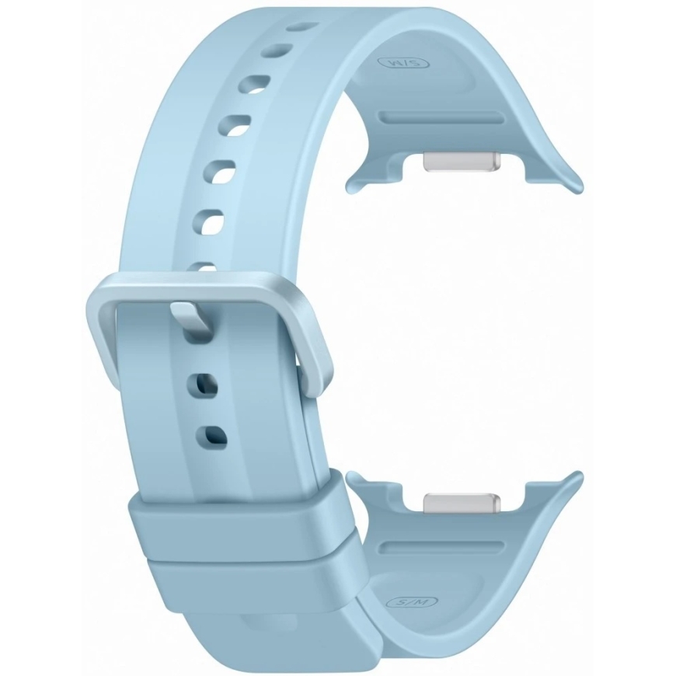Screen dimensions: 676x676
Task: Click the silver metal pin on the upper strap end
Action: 462,162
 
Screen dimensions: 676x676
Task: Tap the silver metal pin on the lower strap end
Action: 462,504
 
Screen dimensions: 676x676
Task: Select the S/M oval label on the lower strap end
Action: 412,602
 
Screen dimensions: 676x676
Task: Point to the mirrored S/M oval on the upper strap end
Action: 403,64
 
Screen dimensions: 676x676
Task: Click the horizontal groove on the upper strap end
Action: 441,117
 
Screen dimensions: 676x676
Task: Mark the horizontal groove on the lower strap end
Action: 441,547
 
